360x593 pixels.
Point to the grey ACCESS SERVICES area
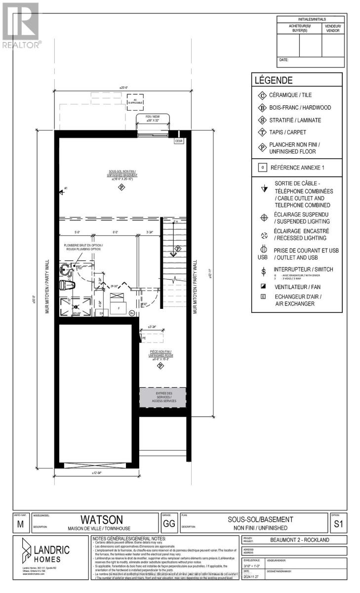[164, 397]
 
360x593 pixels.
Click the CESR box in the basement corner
[179, 141]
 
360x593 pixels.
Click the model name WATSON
[102, 520]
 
